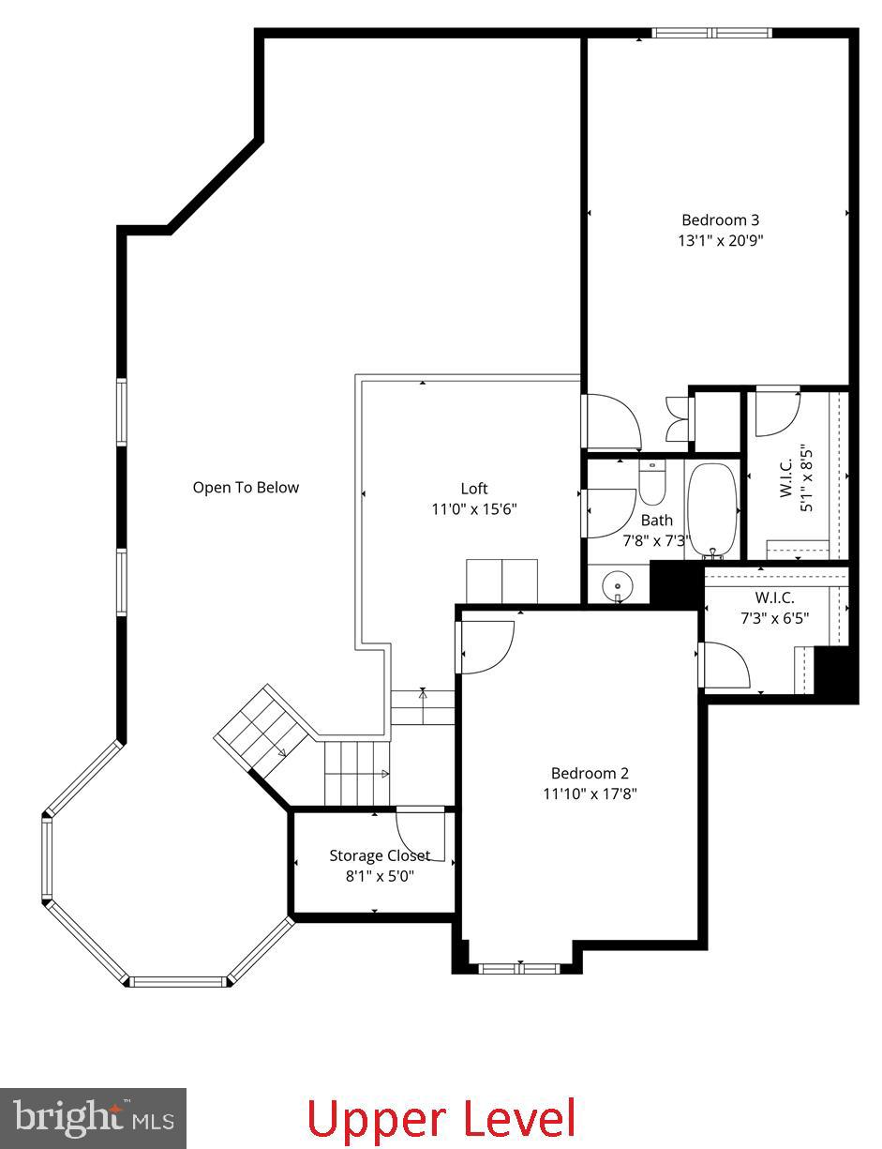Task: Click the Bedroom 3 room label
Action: (720, 220)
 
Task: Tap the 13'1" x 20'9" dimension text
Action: (720, 240)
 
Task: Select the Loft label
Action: (474, 489)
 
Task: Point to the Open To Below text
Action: (246, 488)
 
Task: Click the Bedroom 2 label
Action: (590, 774)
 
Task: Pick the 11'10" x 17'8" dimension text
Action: (590, 794)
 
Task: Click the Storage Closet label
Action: (380, 855)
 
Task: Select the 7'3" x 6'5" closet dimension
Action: (774, 618)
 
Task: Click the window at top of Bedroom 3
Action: (711, 33)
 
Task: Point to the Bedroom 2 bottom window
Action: (519, 968)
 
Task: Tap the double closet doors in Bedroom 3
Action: (676, 418)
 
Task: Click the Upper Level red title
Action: (441, 1119)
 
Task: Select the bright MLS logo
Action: (93, 1118)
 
